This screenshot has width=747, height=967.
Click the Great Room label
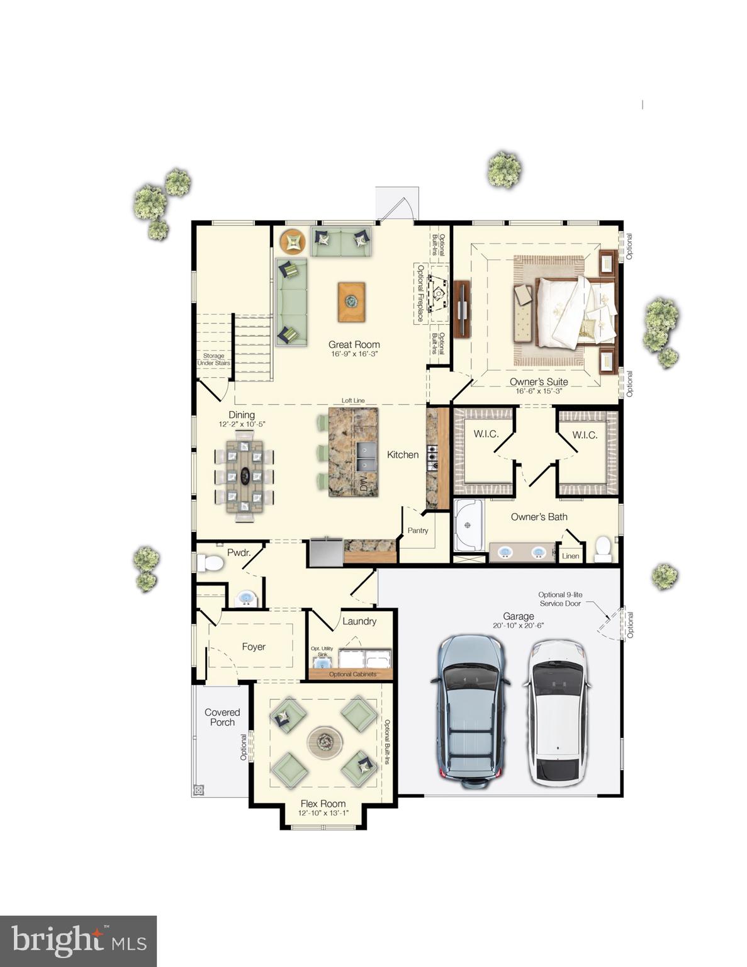tap(354, 344)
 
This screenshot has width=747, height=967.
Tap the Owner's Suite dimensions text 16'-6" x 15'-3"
tap(538, 391)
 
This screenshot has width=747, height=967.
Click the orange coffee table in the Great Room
tap(351, 302)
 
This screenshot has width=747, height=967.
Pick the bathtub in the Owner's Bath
tap(468, 525)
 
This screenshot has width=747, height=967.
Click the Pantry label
tap(418, 531)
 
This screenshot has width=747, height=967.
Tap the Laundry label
tap(359, 621)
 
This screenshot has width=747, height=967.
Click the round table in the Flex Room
tap(325, 742)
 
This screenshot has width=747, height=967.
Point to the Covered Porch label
tap(222, 717)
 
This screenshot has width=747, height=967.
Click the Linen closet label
tap(570, 556)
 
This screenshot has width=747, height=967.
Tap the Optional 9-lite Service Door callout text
tap(559, 599)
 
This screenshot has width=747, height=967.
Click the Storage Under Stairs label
tap(214, 359)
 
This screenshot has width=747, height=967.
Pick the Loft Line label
tap(353, 400)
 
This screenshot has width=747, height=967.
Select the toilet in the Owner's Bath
tap(603, 548)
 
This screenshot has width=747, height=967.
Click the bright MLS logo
tap(78, 941)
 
